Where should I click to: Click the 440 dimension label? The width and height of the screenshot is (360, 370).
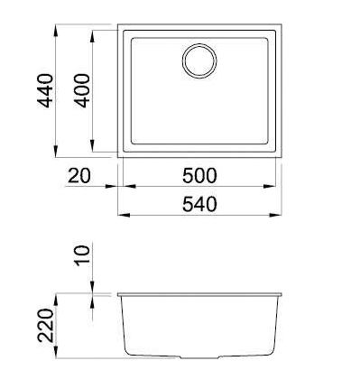45,91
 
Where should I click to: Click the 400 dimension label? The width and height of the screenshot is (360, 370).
82,91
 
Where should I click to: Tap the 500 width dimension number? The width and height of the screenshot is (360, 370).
199,176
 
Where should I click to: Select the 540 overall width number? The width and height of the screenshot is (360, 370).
199,204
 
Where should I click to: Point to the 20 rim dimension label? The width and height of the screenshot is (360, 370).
78,176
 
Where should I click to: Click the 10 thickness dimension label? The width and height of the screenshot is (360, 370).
82,255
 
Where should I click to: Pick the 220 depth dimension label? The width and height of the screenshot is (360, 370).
45,325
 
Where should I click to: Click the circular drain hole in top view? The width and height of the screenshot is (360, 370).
199,60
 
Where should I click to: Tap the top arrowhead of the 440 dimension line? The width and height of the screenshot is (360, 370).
56,31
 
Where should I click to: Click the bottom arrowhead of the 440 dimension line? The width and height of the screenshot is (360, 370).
56,151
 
